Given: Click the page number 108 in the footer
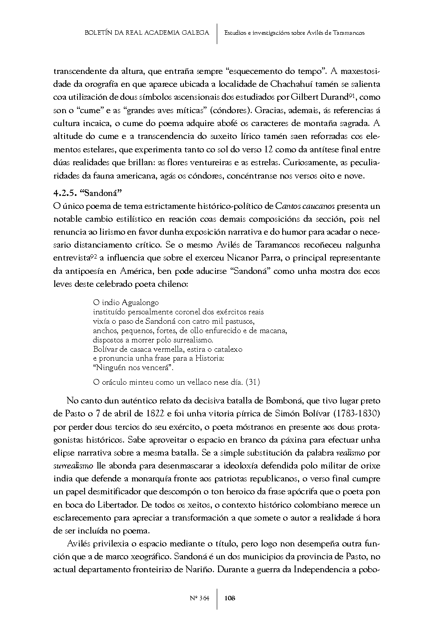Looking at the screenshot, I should pos(230,598).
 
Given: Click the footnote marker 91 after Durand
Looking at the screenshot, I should pos(364,95).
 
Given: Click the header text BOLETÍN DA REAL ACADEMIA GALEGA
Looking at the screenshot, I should pos(146,33).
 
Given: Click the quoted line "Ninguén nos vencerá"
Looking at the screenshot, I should pos(134,368).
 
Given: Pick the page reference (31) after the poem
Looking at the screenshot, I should pos(253,382).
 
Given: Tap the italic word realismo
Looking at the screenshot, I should pos(352,453).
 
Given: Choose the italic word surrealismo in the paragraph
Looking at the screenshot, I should pos(73,466).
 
